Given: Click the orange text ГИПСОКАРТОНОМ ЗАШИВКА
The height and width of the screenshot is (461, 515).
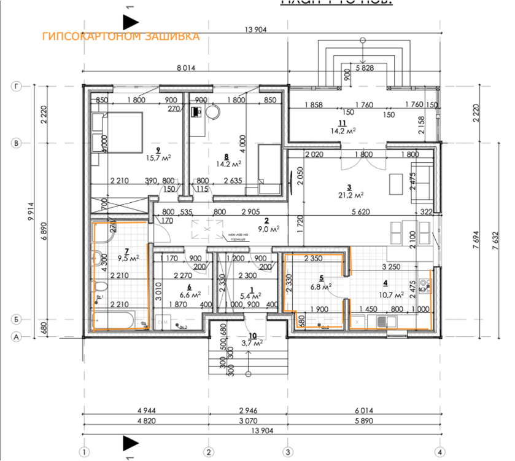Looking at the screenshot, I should coord(121,37).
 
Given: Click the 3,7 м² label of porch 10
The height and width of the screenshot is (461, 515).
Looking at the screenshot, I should coord(250,342).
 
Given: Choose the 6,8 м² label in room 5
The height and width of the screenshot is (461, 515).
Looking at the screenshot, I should coord(322,286).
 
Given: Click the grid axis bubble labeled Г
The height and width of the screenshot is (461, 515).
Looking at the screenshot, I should coord(15,87).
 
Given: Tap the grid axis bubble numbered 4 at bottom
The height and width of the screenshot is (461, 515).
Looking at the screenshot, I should coord(439,452).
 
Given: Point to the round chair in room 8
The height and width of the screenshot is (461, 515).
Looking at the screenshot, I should coord(213,112).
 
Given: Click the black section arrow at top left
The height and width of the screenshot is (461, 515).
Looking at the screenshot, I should coord(130,23).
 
